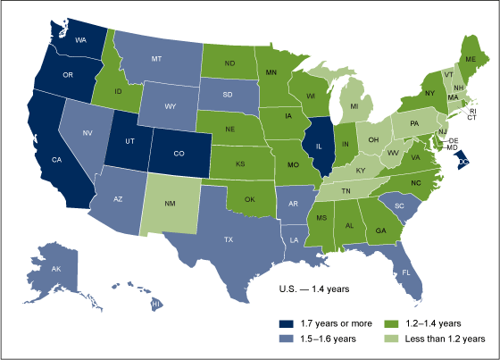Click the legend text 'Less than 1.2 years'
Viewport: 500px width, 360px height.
click(x=444, y=339)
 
